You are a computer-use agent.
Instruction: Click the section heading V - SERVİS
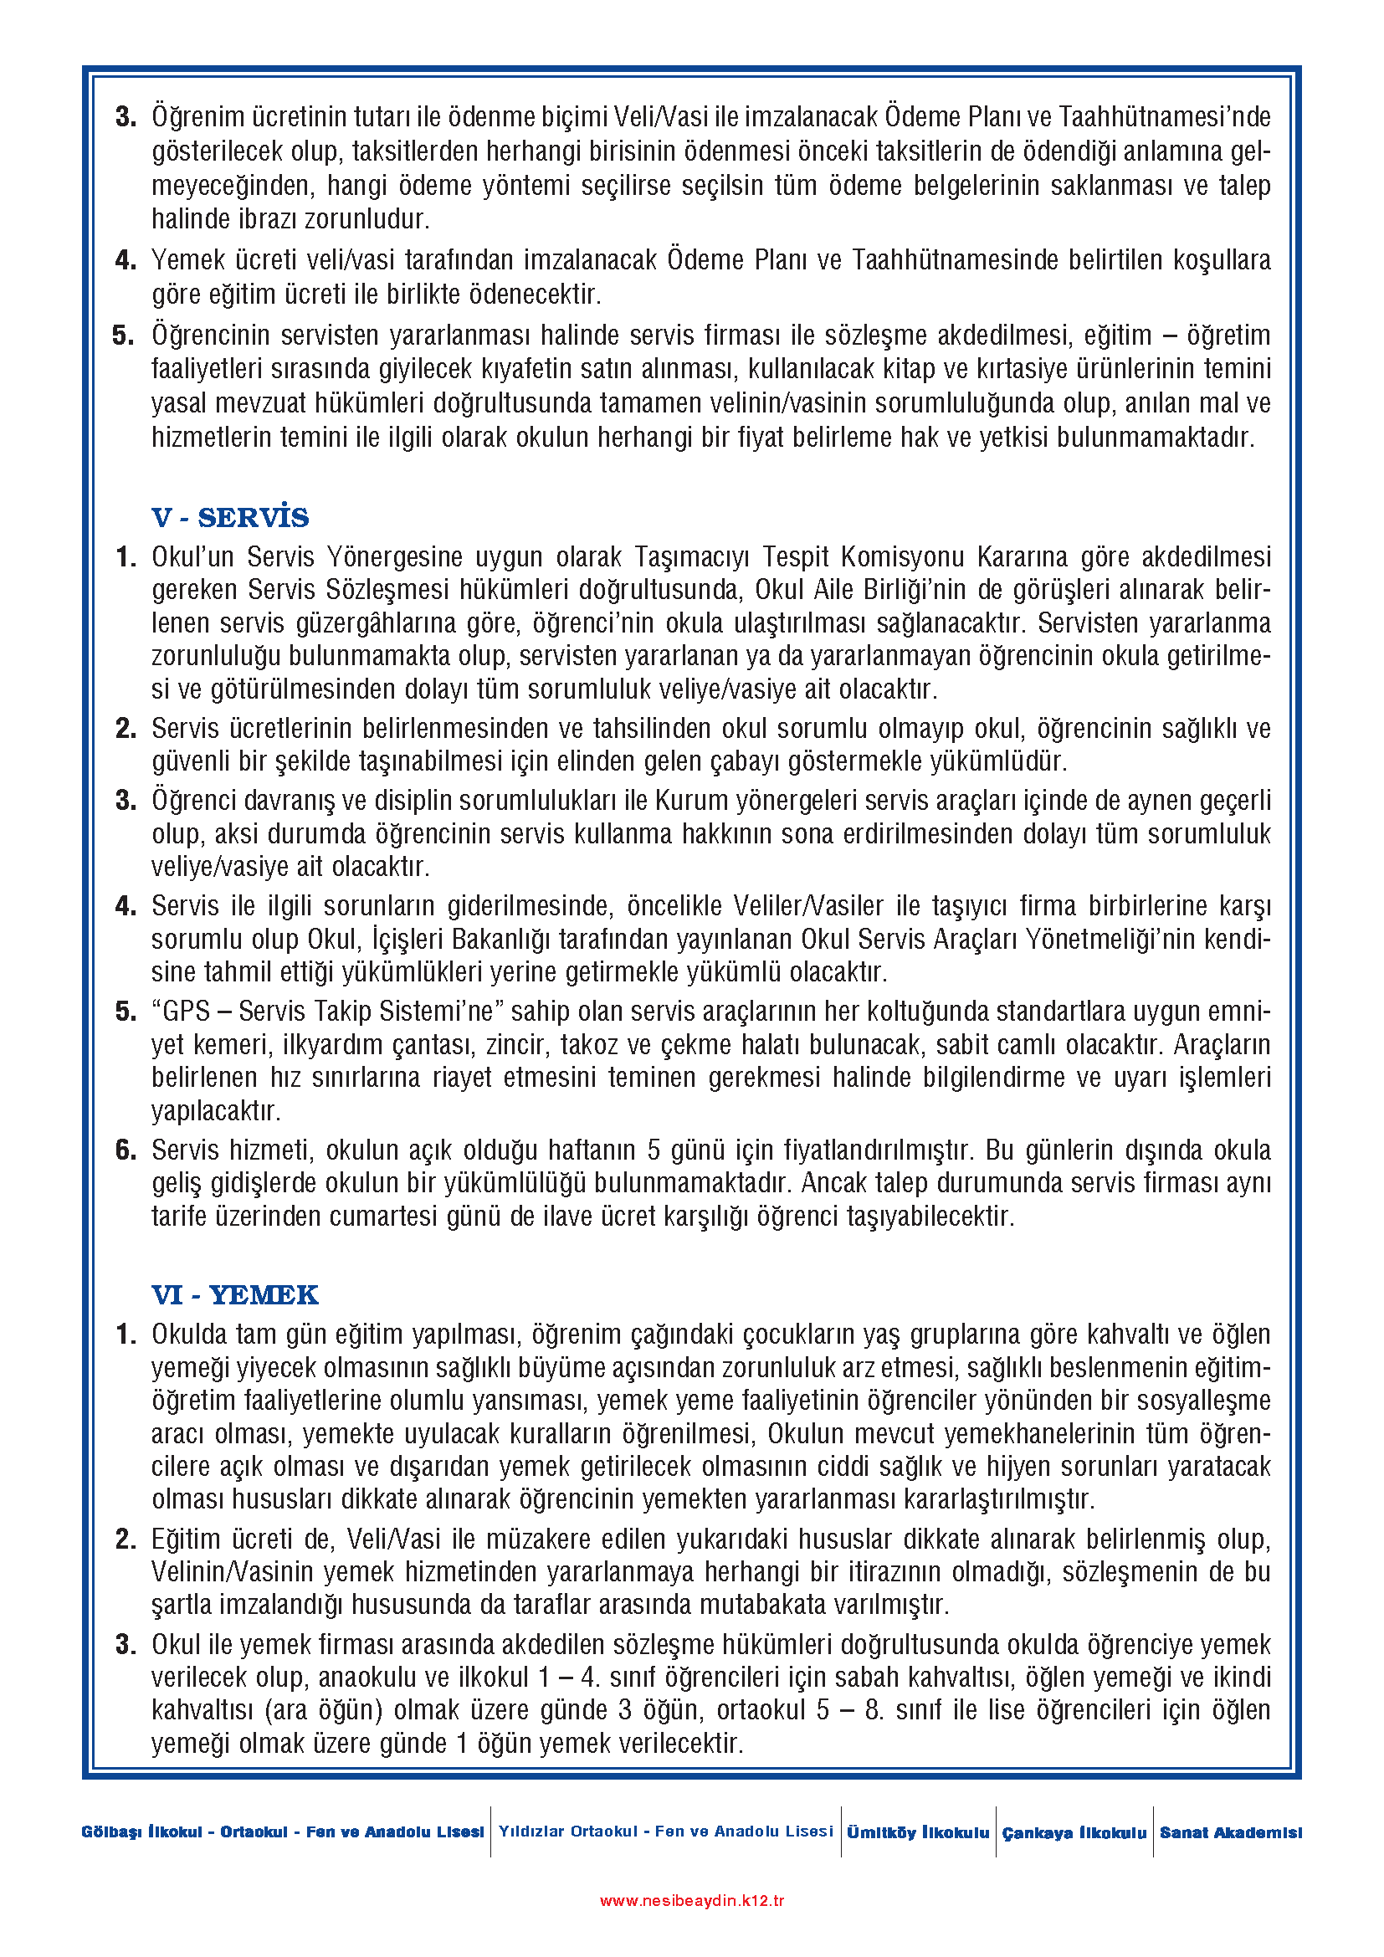tap(230, 517)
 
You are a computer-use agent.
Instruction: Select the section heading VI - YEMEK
tap(234, 1294)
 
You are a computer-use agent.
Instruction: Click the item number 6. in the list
tap(126, 1150)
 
